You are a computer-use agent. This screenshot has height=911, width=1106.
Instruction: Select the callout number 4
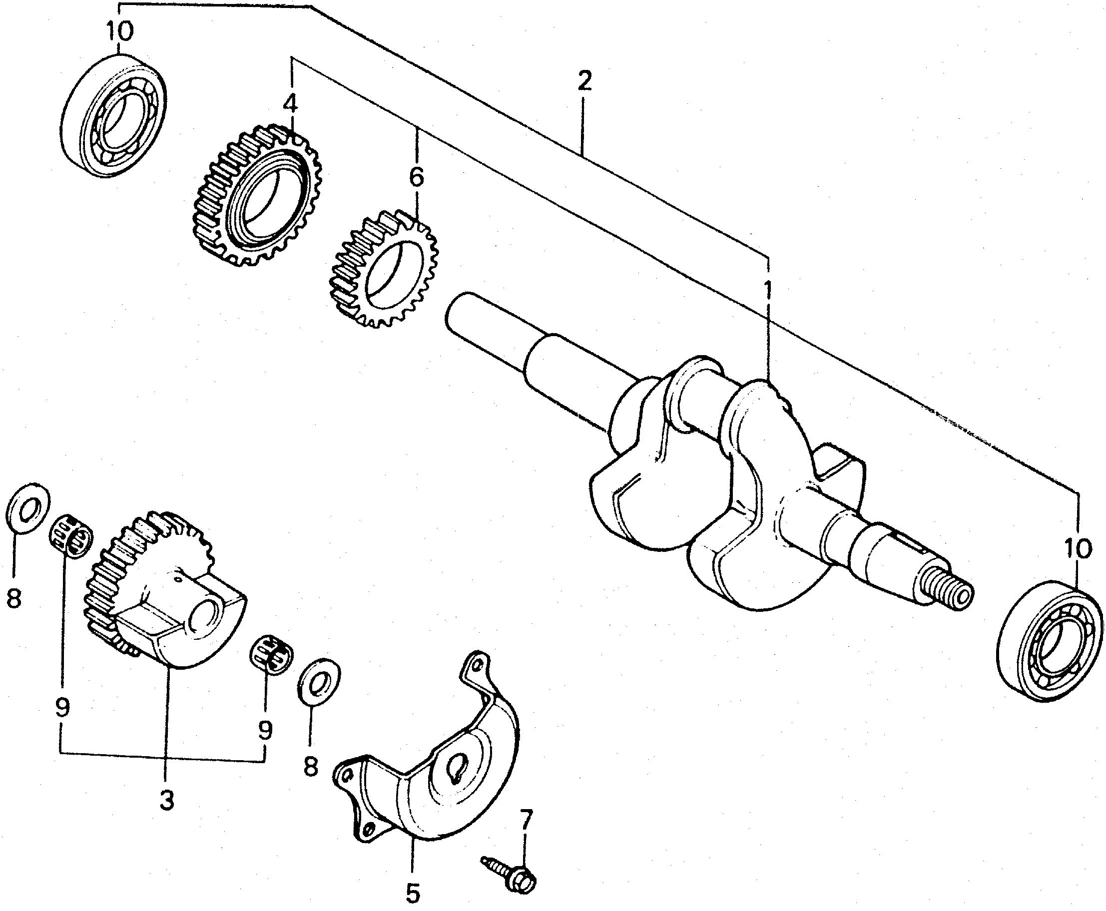pos(290,104)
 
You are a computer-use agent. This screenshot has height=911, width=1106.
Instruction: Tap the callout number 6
pos(416,177)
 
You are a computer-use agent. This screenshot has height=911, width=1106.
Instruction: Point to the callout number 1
pos(768,290)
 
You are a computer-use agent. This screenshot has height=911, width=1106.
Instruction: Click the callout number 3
pos(166,800)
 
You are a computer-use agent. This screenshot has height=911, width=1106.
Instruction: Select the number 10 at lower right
pos(1078,549)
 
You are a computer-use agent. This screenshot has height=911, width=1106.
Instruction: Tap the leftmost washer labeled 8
pos(28,506)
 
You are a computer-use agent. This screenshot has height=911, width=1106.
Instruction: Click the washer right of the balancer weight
pos(319,680)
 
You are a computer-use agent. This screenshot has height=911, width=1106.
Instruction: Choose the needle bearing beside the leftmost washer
pos(71,535)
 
